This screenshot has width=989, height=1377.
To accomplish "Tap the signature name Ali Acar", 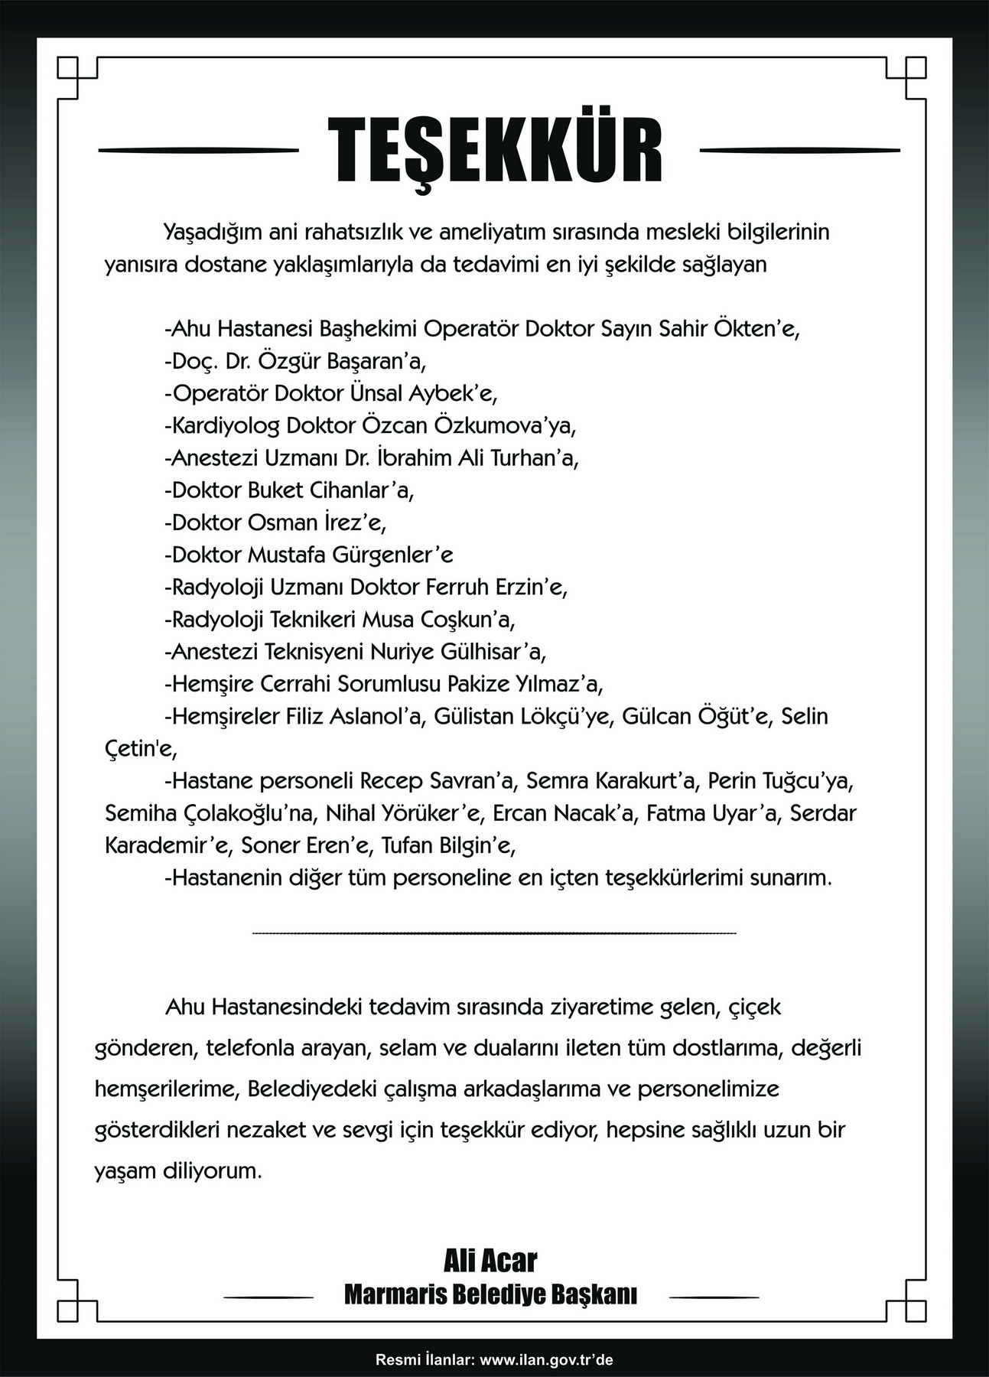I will tap(490, 1260).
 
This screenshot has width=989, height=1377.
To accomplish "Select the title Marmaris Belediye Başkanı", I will tap(490, 1294).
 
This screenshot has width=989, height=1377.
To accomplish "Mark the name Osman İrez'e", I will tap(317, 522).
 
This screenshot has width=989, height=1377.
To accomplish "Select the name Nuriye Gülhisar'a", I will tap(458, 652).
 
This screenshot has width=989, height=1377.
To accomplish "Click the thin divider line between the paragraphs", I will tap(493, 934).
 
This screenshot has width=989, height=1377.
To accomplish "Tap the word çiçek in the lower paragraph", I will tap(754, 1007).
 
